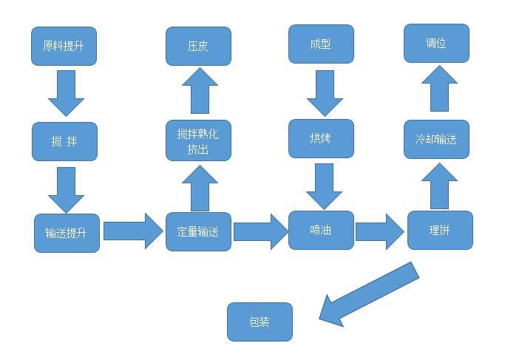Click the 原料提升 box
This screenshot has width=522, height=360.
(x=64, y=46)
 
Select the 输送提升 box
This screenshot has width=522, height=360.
(x=67, y=233)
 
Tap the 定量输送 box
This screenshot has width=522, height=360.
(x=198, y=231)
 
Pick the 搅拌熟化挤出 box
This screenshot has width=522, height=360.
(x=198, y=140)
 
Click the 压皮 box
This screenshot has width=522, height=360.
(x=198, y=46)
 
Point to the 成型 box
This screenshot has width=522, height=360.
(x=321, y=44)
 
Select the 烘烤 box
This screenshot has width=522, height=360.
(x=321, y=138)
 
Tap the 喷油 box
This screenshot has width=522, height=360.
(x=321, y=230)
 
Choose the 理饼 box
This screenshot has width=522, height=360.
(x=439, y=230)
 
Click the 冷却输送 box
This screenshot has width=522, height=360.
(x=436, y=139)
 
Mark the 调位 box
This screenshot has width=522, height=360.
(x=436, y=44)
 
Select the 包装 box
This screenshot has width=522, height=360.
(x=260, y=322)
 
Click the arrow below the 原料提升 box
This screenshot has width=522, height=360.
(x=66, y=92)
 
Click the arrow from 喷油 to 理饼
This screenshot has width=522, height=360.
(x=380, y=231)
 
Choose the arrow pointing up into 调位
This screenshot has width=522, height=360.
(x=439, y=89)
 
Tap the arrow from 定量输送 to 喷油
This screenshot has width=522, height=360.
(x=260, y=231)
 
